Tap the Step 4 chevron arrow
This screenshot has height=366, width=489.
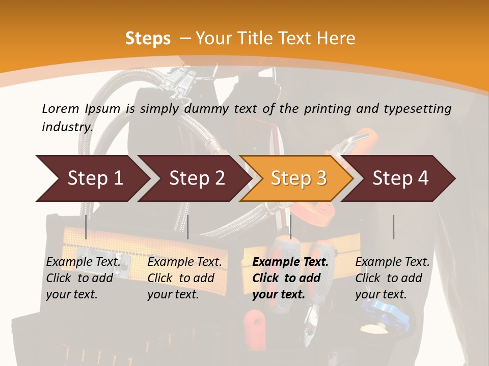click(400, 178)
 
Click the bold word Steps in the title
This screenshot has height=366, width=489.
click(148, 39)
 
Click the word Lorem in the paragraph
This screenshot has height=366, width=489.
click(60, 108)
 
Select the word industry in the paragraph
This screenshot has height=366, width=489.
click(67, 127)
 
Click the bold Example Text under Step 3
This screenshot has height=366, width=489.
click(290, 262)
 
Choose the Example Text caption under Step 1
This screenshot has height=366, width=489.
click(84, 262)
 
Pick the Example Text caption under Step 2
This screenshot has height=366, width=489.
click(185, 262)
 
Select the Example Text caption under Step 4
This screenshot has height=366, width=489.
click(392, 262)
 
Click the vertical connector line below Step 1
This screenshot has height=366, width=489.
click(86, 227)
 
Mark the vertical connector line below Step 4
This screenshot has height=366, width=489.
click(393, 227)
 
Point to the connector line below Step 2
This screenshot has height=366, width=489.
click(188, 227)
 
